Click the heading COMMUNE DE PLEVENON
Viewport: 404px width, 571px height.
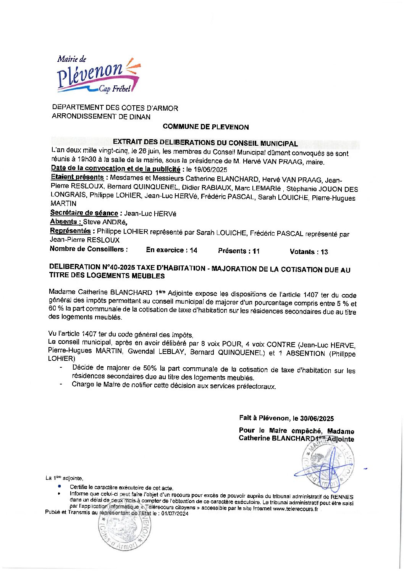coord(205,127)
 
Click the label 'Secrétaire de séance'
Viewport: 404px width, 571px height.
coord(84,213)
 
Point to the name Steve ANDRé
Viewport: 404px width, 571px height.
coord(105,222)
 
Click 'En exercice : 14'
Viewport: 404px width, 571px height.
coord(171,250)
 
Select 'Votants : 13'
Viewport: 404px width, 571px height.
coord(309,252)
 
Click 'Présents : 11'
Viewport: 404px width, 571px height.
coord(239,251)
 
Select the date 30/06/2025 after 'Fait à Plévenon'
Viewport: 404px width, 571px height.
coord(317,418)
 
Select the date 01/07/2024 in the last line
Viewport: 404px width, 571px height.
coord(175,514)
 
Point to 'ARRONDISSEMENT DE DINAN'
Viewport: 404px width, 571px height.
coord(101,117)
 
